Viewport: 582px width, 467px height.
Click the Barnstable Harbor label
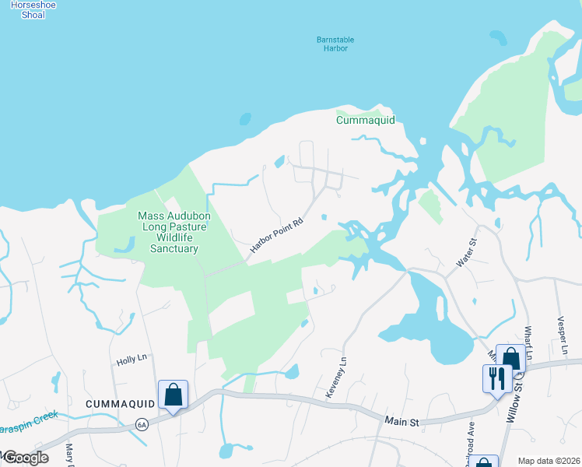pos(331,44)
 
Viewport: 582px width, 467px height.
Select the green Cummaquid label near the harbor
pos(366,120)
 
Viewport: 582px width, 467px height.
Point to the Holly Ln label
pos(131,360)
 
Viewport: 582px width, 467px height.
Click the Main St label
pos(402,421)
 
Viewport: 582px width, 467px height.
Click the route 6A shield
pos(142,424)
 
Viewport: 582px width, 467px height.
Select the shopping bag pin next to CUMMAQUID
pos(173,394)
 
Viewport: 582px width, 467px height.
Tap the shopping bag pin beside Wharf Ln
pos(510,359)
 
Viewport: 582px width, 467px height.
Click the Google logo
pos(25,458)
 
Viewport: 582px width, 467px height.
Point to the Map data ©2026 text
pos(549,461)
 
